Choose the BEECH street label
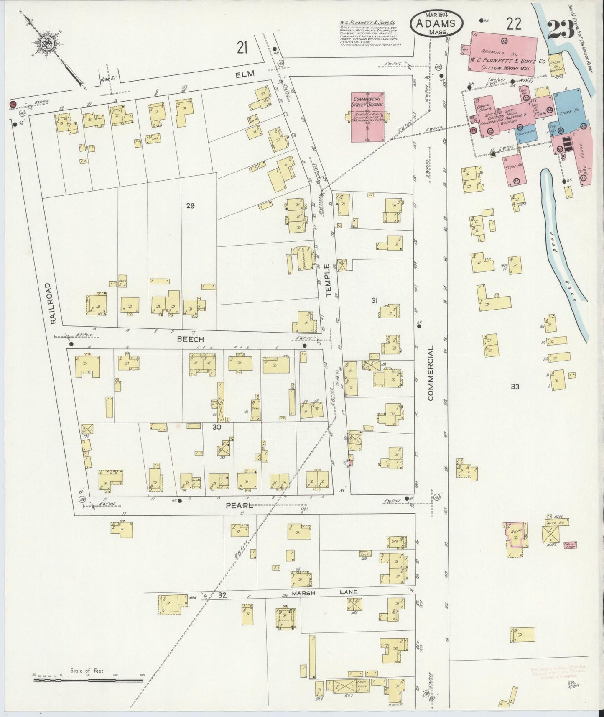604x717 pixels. [190, 339]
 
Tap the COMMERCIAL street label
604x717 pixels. [431, 373]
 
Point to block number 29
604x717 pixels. [191, 205]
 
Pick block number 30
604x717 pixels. [216, 427]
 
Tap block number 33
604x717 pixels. [515, 387]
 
